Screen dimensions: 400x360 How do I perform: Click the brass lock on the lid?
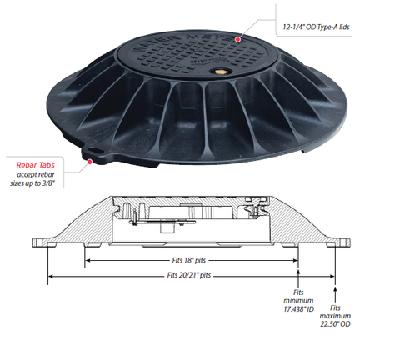click(x=218, y=72)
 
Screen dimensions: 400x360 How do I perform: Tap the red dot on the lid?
click(x=237, y=39)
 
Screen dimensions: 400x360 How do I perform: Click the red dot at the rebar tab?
click(x=90, y=162)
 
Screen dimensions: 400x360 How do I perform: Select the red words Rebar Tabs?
click(x=36, y=165)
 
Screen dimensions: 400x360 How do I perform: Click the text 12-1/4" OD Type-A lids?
click(x=316, y=27)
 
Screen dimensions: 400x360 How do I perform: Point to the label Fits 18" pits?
click(x=189, y=260)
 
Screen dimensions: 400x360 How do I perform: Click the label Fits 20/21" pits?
click(x=189, y=275)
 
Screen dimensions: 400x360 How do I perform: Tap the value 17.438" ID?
click(x=298, y=308)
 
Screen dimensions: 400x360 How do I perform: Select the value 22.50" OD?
click(x=335, y=324)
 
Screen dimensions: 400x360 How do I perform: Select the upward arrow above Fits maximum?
click(x=335, y=294)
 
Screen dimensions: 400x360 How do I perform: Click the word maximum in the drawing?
click(x=335, y=316)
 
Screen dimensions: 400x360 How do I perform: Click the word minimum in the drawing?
click(x=298, y=301)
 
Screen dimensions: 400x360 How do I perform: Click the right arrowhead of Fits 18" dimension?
click(x=295, y=260)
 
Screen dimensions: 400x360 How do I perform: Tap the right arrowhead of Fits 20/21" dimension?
click(x=332, y=276)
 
